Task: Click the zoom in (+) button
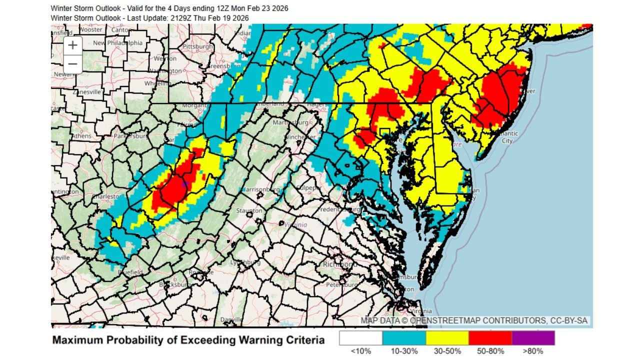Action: tap(73, 45)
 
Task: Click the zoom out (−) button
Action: tap(73, 64)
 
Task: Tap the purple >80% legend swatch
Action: tap(533, 338)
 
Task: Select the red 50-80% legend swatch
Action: tap(490, 338)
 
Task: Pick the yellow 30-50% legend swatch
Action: tap(447, 338)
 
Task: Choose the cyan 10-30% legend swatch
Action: tap(404, 338)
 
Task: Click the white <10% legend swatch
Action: tap(361, 338)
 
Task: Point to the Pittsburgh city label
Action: tap(198, 46)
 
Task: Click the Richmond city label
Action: tap(339, 263)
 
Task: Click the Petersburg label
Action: tap(340, 284)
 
